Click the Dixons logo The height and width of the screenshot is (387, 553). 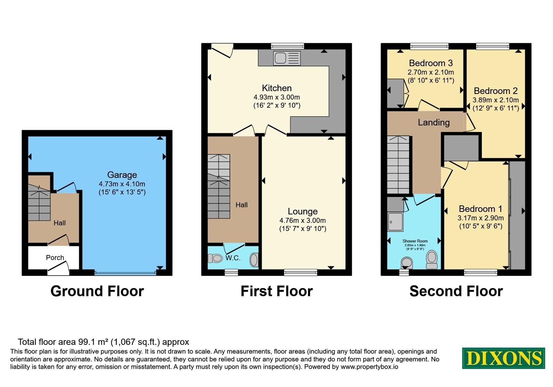coord(503,358)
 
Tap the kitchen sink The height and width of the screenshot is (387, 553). coord(287,58)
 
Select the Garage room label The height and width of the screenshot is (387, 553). coord(122,175)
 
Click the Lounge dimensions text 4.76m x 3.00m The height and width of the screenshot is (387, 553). coord(302,220)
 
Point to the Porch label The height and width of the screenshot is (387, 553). coord(55,257)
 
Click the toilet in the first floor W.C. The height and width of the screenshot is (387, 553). coord(215,258)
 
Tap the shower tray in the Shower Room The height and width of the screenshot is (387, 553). coord(395,222)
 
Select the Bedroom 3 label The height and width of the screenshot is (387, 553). coord(431,63)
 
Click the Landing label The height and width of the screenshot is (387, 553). coord(434,122)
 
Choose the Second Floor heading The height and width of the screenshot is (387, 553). coord(456,291)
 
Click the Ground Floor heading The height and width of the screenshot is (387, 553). coord(97,291)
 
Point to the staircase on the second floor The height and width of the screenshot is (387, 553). coord(398,164)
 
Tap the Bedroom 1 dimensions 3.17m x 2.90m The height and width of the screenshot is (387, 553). coord(481,218)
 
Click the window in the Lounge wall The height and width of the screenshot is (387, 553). coord(300,273)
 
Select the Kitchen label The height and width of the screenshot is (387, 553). coord(277,88)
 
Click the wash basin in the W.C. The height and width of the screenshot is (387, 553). coord(254,260)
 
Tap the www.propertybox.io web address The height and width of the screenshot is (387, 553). coord(369,367)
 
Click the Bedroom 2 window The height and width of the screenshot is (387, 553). coord(493,46)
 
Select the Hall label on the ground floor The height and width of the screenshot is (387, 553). coord(60,223)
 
